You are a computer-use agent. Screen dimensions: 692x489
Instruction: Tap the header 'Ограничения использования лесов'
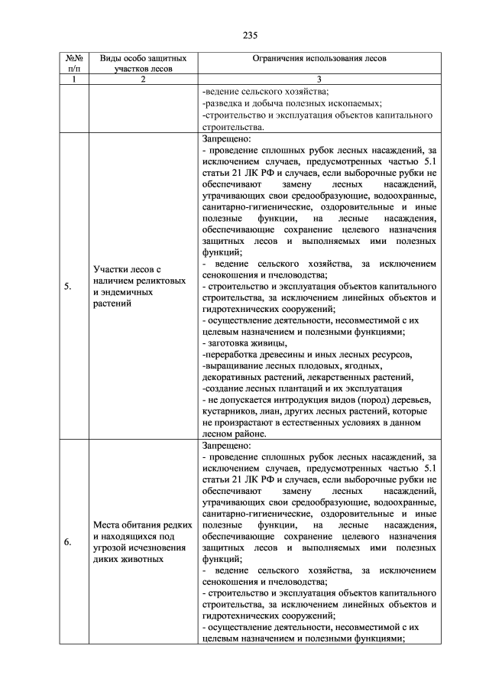point(320,58)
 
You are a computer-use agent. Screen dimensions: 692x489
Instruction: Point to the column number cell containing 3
point(320,79)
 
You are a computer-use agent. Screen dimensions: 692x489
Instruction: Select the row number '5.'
point(68,287)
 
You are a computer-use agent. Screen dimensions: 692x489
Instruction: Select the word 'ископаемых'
point(354,103)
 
